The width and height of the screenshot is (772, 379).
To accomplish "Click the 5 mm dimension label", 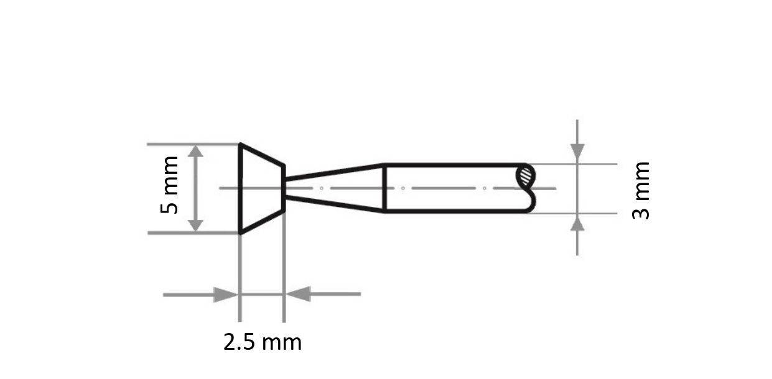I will [x=169, y=185].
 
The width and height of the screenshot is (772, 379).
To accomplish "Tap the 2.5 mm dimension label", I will [x=262, y=342].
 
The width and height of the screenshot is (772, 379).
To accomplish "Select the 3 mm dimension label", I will [x=641, y=190].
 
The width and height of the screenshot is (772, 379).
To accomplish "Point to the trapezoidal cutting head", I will [x=261, y=188].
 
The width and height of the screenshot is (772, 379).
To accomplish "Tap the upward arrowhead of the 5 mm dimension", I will [x=195, y=152].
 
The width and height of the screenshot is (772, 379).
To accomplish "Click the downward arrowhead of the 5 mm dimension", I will [x=195, y=224].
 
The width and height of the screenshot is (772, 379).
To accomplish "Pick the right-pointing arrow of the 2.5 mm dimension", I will [x=225, y=295].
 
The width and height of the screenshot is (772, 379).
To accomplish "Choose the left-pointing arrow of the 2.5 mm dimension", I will [x=299, y=294].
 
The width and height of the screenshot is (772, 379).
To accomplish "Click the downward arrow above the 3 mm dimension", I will [x=577, y=151].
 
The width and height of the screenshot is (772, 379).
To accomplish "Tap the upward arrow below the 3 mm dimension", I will [x=577, y=224].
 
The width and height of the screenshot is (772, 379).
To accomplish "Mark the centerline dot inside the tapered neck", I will [x=321, y=188].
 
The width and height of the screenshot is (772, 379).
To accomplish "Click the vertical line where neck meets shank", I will [x=384, y=188].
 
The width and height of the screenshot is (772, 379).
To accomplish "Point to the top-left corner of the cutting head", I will [x=241, y=145].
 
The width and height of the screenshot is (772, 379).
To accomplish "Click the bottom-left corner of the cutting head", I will [x=241, y=233].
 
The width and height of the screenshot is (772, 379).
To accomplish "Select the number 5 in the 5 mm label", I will [x=169, y=206].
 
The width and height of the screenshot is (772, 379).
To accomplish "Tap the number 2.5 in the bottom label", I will [x=237, y=342].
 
